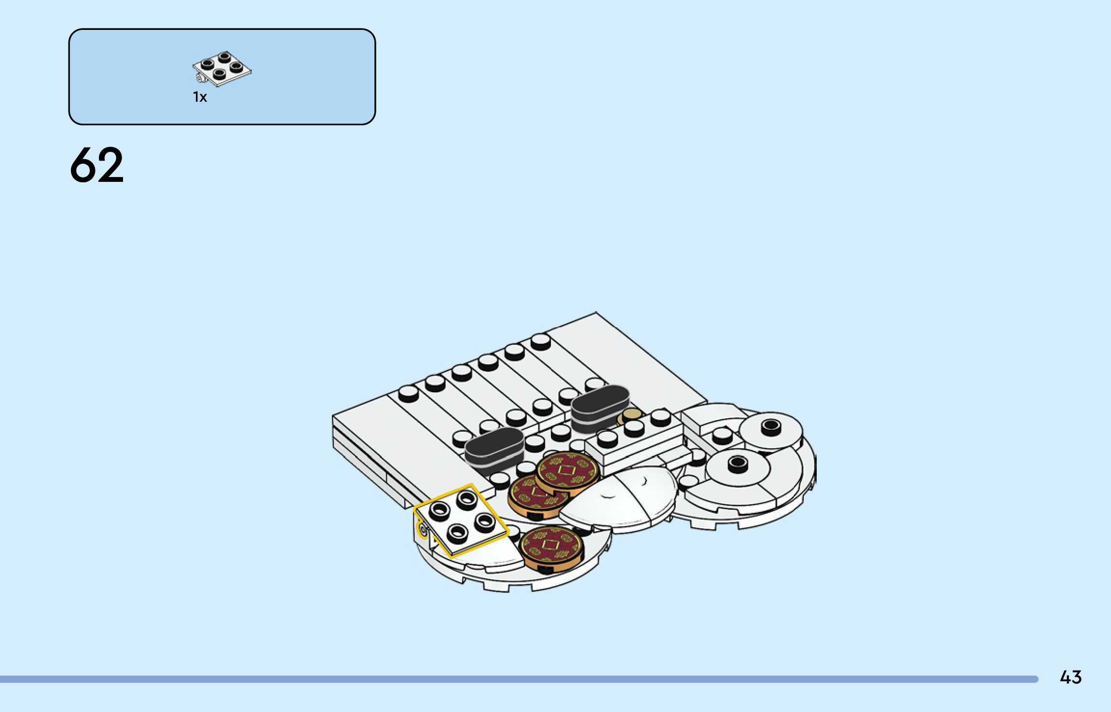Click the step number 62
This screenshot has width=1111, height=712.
click(x=97, y=165)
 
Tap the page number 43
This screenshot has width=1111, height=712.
click(x=1070, y=677)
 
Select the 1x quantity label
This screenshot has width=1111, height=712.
click(x=200, y=97)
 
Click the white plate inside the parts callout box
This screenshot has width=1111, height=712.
click(x=222, y=69)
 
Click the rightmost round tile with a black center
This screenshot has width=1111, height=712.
click(x=771, y=428)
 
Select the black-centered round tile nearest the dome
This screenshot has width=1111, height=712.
click(x=737, y=466)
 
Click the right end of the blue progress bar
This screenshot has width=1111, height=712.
click(x=1035, y=679)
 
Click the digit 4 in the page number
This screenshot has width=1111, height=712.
click(x=1065, y=677)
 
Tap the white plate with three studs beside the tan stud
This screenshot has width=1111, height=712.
click(x=634, y=437)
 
